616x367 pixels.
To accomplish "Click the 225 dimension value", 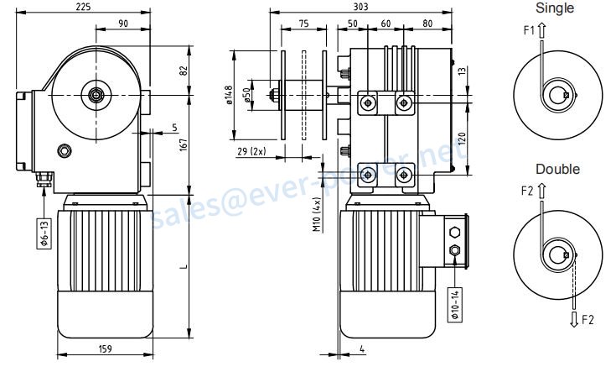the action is point(83,7).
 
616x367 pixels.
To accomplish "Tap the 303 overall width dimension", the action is point(360,7).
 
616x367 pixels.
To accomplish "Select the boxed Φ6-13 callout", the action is point(44,233).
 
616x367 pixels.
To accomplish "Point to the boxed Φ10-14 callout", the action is point(455,304).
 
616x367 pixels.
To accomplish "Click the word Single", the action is point(554,8).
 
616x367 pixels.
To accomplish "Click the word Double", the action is point(557,169).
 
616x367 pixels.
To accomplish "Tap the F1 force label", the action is point(529,30).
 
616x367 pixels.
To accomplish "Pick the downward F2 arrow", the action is point(574,319).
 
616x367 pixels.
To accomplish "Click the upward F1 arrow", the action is point(541,30).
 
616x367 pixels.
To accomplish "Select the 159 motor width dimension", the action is point(105,349).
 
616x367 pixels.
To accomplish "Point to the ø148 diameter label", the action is point(230,95).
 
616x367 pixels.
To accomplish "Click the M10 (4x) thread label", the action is point(318,214).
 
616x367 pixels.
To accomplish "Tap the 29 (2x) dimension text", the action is point(251,151).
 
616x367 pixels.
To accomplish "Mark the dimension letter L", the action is point(184,266).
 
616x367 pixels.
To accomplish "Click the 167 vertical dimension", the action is point(184,144).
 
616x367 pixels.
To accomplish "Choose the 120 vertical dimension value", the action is point(462,139).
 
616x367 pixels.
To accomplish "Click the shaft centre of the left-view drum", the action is point(96,95).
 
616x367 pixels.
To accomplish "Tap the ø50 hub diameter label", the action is point(246,95).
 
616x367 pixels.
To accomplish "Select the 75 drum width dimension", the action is point(303,24).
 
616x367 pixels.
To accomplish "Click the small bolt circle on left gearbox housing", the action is point(65,150).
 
